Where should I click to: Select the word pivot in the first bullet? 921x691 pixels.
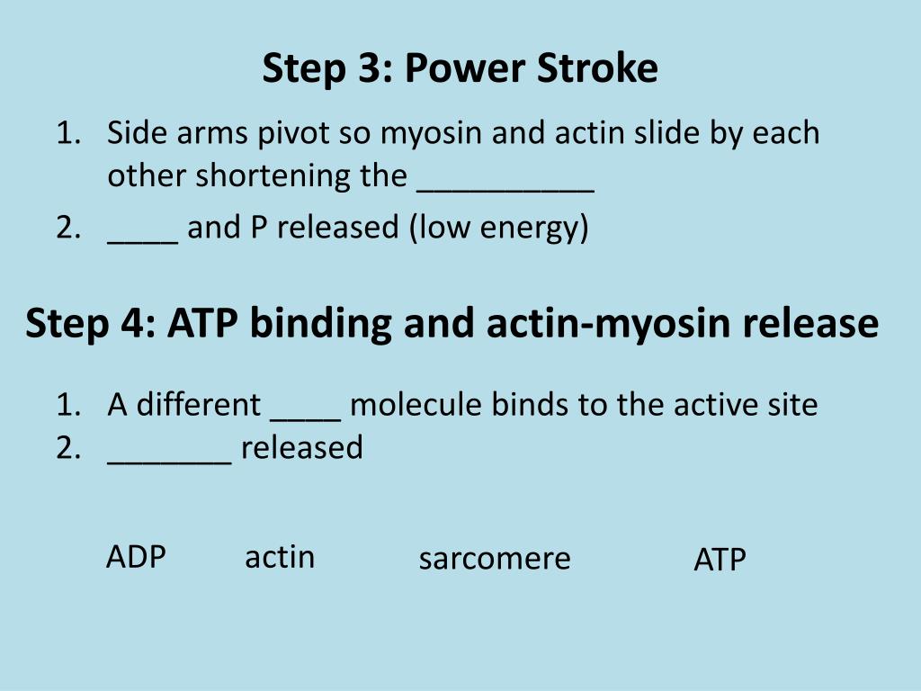click(x=294, y=133)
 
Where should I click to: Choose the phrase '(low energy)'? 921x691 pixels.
click(x=499, y=228)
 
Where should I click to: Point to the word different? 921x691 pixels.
click(x=198, y=405)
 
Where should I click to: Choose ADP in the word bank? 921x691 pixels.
click(x=136, y=557)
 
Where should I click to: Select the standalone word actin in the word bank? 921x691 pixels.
click(x=280, y=557)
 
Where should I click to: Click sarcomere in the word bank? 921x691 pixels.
click(x=495, y=559)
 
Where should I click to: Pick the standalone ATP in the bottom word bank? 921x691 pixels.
click(x=720, y=561)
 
